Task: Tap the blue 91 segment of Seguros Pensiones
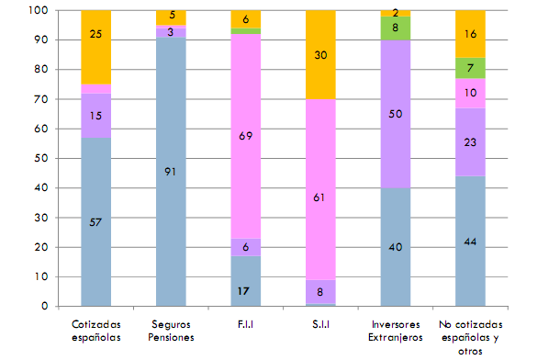[x=172, y=172]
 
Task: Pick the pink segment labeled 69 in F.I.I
[x=246, y=136]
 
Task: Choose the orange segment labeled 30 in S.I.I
[x=321, y=54]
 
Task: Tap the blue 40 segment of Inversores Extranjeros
[x=395, y=246]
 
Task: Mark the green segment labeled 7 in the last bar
[x=470, y=68]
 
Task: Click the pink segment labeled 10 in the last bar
[x=470, y=93]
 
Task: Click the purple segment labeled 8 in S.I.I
[x=321, y=292]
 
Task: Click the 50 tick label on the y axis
[x=41, y=159]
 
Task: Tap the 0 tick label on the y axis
[x=45, y=307]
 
